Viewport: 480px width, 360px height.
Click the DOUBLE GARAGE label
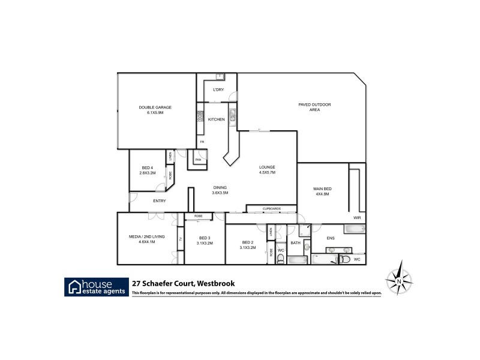pos(155,107)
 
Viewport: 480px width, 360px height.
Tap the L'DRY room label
pos(218,90)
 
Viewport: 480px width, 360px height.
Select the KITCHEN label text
pos(216,119)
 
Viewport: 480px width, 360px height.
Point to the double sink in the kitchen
pos(232,113)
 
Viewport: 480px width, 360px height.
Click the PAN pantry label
pos(197,160)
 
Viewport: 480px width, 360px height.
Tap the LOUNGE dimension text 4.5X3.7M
pos(267,172)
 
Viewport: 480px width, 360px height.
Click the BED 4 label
pos(148,167)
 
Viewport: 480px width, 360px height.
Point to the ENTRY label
pos(160,201)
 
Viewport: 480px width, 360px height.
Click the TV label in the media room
pos(180,240)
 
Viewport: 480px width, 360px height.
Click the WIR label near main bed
pos(357,218)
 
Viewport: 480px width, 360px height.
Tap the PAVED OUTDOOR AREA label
pos(314,107)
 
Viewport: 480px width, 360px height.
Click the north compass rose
pos(398,279)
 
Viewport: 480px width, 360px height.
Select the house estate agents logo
pos(97,286)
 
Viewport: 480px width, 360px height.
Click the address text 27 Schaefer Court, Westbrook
pos(183,283)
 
